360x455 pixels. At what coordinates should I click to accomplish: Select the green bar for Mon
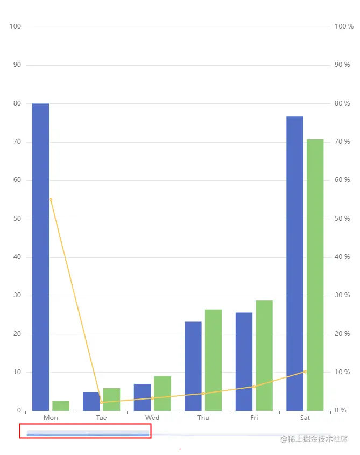(x=61, y=405)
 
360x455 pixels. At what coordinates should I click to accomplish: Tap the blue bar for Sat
(x=295, y=263)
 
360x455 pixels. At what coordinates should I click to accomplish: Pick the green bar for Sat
(x=315, y=275)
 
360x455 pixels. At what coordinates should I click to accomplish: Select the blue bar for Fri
(x=244, y=361)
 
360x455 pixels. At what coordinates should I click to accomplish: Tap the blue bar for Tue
(x=91, y=401)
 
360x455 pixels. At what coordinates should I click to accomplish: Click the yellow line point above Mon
(x=51, y=200)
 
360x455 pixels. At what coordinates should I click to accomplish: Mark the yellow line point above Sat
(x=305, y=372)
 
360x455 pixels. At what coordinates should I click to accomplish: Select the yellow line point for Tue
(x=101, y=402)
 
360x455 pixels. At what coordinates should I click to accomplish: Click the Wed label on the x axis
(x=152, y=418)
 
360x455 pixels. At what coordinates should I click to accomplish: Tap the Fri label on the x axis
(x=254, y=418)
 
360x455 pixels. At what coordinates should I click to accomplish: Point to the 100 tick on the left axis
(x=16, y=26)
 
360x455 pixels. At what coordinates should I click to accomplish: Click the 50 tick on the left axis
(x=17, y=219)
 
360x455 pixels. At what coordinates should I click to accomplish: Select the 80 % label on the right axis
(x=342, y=103)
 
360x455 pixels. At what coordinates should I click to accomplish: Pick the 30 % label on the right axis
(x=342, y=295)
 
